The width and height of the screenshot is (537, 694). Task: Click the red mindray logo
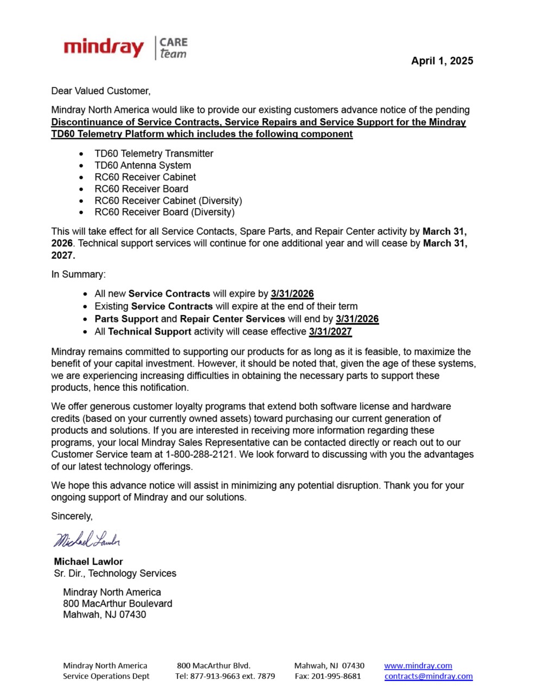point(104,48)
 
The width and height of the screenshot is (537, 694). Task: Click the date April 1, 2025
point(442,61)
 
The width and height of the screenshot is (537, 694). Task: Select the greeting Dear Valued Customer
point(101,91)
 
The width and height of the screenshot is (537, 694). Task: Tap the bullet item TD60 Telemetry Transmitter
point(154,153)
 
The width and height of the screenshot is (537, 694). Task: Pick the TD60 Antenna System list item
point(143,165)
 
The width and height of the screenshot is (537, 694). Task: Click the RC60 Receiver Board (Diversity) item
point(164,212)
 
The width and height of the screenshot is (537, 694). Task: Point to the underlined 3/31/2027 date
point(330,331)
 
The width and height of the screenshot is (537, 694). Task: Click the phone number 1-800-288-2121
point(200,454)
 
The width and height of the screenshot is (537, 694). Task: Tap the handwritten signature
point(86,539)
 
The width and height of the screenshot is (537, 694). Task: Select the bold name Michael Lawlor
point(88,562)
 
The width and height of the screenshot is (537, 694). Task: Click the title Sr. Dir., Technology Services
point(115,573)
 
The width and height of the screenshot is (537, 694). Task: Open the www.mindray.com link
point(418,665)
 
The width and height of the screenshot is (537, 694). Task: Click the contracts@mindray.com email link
point(429,676)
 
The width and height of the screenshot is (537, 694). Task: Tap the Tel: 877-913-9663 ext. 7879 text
point(225,676)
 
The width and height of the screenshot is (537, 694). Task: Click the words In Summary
point(79,274)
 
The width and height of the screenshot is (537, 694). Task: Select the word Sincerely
point(72,516)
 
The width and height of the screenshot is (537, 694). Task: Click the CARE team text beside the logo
point(173,48)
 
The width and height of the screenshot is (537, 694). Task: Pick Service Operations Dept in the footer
point(106,676)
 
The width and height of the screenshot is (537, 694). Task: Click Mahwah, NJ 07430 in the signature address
point(104,614)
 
